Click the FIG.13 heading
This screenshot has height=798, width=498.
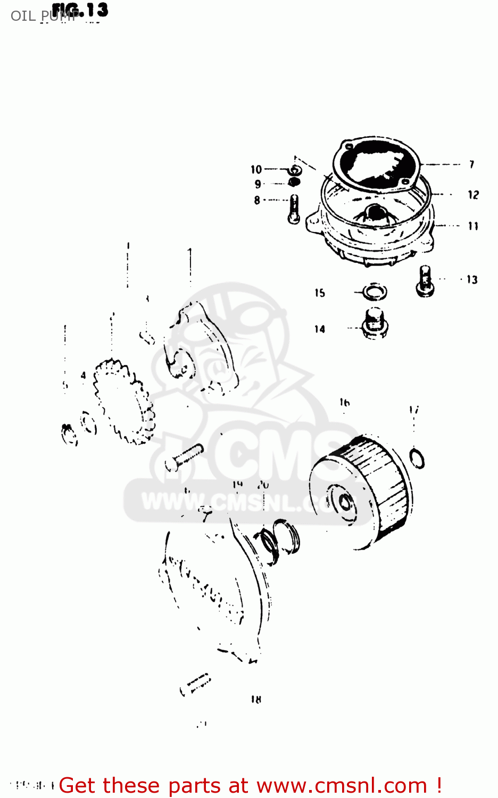pos(80,10)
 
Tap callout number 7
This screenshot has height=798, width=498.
pos(471,164)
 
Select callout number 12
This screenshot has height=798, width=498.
pos(473,195)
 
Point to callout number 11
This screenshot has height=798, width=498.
pos(473,226)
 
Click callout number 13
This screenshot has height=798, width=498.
pos(472,280)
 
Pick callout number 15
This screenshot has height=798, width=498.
pos(319,293)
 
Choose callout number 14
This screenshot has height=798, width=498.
pos(319,329)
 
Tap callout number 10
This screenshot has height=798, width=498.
pos(256,170)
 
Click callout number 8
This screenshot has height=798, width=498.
pos(257,201)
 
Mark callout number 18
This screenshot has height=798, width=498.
pos(256,700)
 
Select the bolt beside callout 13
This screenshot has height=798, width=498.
pos(425,280)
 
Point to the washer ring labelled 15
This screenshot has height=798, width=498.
pos(375,292)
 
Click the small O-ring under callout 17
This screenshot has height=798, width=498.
pos(418,458)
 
